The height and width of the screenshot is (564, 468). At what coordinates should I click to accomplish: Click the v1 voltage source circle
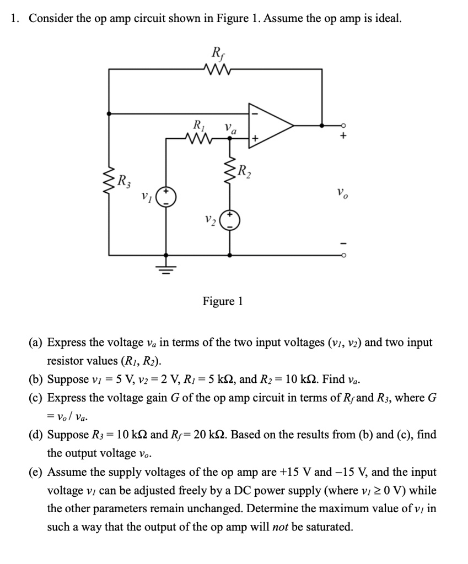[167, 197]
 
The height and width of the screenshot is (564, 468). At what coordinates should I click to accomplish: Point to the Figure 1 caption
[223, 301]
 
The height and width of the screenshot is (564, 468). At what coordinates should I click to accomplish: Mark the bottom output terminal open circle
[342, 255]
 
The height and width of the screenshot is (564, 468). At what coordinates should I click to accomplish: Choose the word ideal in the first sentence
[385, 18]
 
